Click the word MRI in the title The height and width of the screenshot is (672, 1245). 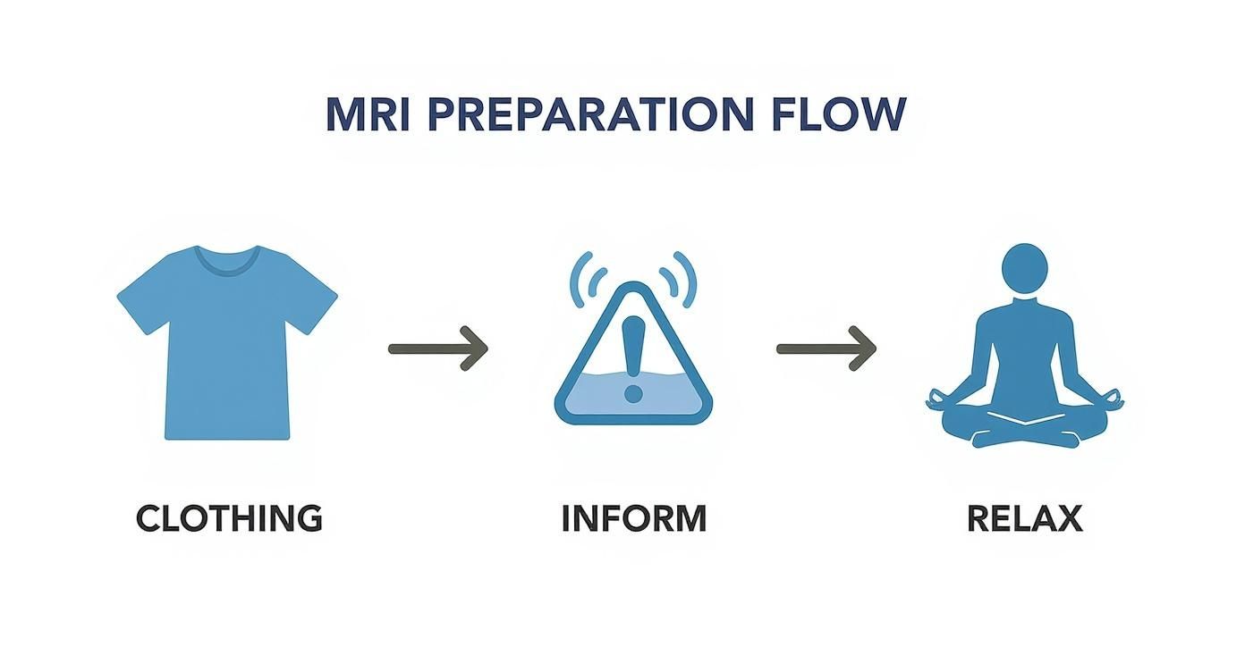(368, 114)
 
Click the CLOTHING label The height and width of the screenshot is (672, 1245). (229, 518)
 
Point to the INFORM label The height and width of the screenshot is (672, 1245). (633, 518)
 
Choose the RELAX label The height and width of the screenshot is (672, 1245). (1025, 518)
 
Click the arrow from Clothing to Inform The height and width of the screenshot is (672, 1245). (438, 349)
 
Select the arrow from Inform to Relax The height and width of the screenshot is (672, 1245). (826, 349)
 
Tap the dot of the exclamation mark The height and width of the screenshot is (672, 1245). (633, 393)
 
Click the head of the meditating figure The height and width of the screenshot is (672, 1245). (1025, 266)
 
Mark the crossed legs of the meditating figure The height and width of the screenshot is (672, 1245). (1025, 429)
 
